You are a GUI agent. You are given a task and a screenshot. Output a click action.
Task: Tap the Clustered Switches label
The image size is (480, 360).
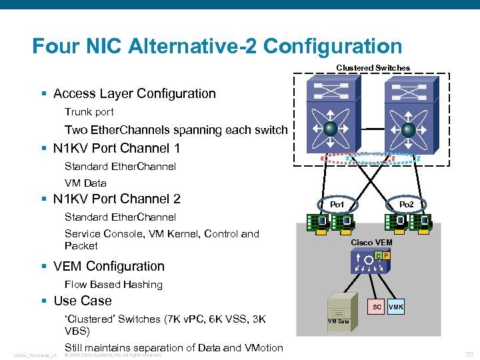(x=373, y=68)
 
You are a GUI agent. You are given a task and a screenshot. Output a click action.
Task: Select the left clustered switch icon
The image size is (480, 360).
(x=331, y=115)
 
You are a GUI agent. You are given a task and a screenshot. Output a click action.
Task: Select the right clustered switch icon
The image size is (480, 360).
(x=409, y=115)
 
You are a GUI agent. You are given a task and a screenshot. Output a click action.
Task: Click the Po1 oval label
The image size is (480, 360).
(x=337, y=203)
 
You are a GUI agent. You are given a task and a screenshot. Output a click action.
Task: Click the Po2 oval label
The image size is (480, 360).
(x=406, y=203)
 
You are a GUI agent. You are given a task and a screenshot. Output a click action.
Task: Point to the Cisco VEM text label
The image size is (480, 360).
(x=371, y=242)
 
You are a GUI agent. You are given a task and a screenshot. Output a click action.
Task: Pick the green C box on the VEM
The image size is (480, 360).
(x=378, y=256)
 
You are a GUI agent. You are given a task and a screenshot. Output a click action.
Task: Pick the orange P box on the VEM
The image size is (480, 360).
(x=386, y=256)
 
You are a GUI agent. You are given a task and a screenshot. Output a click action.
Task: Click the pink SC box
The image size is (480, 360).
(x=377, y=307)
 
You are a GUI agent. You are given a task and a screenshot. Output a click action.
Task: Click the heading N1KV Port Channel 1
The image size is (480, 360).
(x=117, y=148)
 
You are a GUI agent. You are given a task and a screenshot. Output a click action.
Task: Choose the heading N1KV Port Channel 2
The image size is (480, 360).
(x=117, y=199)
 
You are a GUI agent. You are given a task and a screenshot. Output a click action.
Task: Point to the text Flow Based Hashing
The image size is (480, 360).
(x=113, y=285)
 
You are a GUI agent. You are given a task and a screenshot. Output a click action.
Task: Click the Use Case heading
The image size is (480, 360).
(x=82, y=301)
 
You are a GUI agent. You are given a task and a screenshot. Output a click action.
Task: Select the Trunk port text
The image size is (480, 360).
(x=89, y=112)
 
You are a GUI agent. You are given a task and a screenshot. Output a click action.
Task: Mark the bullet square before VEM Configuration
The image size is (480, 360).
(x=43, y=267)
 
